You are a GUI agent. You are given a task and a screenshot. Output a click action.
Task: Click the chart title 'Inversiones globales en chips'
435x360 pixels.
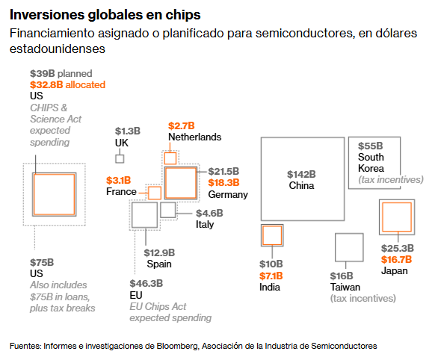pos(105,15)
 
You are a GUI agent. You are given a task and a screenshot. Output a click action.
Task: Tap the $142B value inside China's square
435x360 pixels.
pos(301,174)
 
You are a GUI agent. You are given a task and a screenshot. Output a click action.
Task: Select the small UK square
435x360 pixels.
pos(120,155)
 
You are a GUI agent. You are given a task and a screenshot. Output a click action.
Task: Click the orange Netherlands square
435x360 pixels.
pos(170,153)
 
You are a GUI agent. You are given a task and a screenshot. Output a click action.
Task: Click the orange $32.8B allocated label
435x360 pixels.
pos(68,84)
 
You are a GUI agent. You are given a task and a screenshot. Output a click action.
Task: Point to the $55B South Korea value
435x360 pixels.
pos(371,146)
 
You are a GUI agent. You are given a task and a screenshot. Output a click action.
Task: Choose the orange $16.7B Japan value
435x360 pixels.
pos(396,259)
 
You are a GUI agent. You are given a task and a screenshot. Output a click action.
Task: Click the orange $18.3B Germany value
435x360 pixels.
pos(223,183)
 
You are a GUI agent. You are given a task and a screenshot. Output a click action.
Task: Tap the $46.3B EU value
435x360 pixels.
pos(146,284)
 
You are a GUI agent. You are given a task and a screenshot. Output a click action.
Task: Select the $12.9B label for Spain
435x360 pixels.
pos(159,252)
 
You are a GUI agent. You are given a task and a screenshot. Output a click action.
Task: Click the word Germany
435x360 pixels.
pos(228,194)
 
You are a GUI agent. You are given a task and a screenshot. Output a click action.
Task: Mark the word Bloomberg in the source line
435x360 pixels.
pos(178,346)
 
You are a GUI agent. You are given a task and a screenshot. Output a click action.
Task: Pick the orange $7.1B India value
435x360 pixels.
pos(271,276)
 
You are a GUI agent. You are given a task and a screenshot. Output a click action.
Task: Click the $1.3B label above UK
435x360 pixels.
pos(128,131)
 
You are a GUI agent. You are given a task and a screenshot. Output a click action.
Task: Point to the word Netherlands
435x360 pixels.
pos(195,137)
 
